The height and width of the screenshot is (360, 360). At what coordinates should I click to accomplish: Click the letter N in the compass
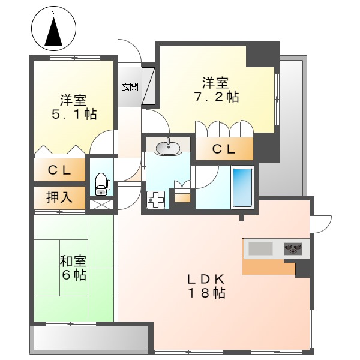tap(54, 13)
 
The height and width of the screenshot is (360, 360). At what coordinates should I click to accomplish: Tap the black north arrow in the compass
tap(54, 32)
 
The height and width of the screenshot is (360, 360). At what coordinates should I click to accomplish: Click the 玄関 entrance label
tap(130, 87)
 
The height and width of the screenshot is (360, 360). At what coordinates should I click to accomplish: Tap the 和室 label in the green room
tap(73, 262)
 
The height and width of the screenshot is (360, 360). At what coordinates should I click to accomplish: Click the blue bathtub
tap(242, 187)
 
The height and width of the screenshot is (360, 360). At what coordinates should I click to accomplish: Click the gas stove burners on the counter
tap(293, 248)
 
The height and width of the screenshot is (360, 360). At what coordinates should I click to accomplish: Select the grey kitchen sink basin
tap(260, 248)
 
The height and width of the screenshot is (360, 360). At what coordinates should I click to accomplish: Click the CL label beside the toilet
tap(59, 170)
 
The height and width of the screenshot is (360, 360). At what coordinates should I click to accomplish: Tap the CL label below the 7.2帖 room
tap(223, 150)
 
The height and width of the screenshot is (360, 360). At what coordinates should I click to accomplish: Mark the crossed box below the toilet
tap(101, 205)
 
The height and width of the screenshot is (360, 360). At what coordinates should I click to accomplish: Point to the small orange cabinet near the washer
tap(181, 197)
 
